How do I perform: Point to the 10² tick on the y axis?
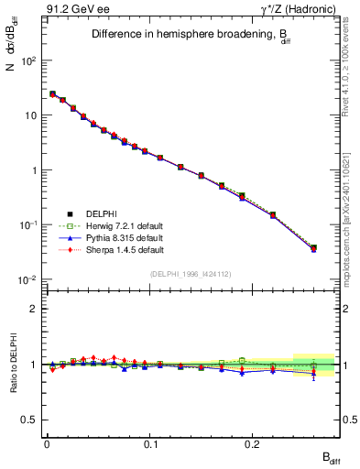(x=29, y=60)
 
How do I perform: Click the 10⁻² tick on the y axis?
(x=29, y=279)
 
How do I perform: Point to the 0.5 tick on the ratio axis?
(x=29, y=420)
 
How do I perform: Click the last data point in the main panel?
(x=313, y=247)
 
